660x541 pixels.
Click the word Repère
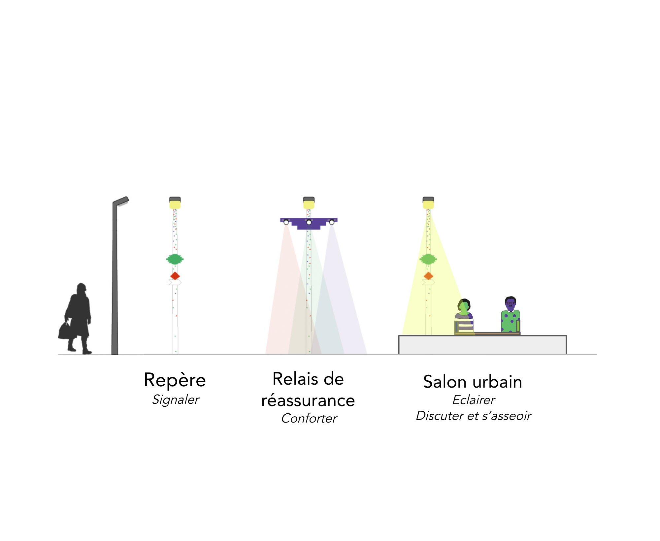click(x=175, y=380)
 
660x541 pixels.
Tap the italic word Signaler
click(x=176, y=400)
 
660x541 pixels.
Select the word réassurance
click(x=308, y=400)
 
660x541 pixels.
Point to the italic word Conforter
click(x=309, y=418)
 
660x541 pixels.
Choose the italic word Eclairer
click(x=474, y=400)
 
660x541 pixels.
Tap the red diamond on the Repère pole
click(x=175, y=276)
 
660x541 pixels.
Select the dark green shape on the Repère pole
click(x=175, y=259)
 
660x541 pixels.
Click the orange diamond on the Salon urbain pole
click(x=428, y=276)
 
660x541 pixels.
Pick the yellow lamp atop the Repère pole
click(x=175, y=205)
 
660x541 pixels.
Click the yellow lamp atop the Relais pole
click(x=309, y=205)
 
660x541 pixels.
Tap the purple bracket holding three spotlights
click(x=309, y=224)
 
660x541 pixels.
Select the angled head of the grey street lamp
click(x=121, y=201)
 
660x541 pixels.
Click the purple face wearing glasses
click(x=511, y=304)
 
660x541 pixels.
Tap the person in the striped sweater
click(x=464, y=318)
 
